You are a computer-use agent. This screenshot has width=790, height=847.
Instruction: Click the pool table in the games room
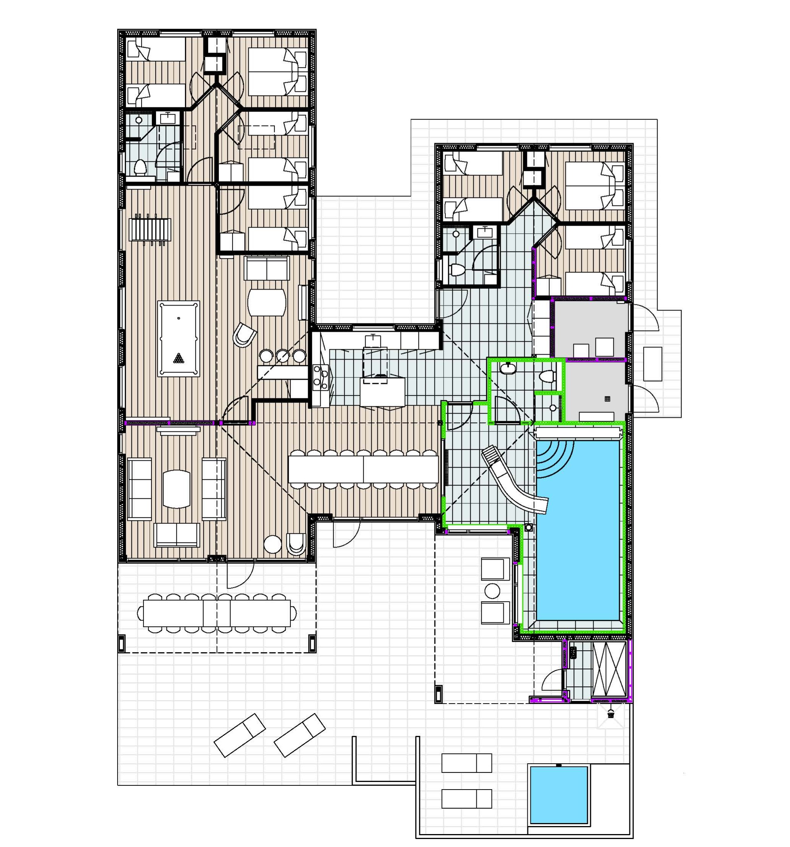(x=179, y=339)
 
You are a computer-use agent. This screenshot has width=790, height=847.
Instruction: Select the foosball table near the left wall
(x=150, y=230)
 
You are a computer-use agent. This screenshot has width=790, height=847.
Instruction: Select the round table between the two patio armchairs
(x=492, y=591)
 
